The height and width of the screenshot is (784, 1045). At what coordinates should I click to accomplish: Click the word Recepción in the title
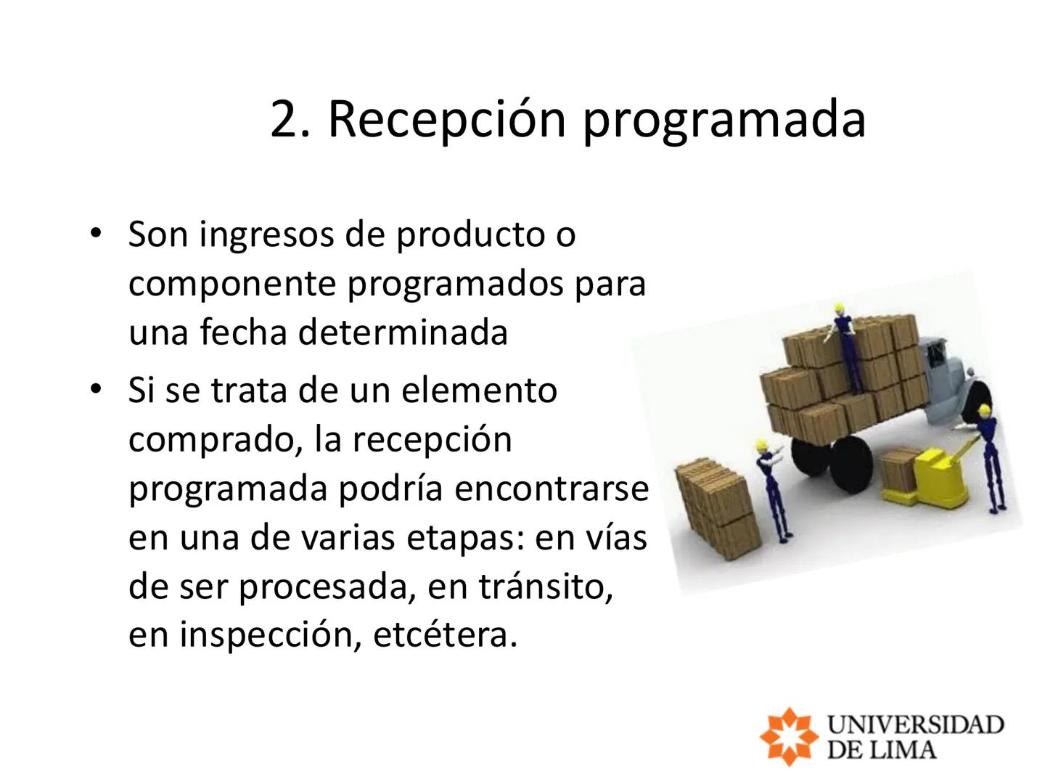446,118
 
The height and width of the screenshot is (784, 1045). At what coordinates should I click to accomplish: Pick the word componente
233,284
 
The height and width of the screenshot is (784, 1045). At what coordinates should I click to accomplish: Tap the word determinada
402,332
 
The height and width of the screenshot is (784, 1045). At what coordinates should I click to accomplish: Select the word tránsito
544,586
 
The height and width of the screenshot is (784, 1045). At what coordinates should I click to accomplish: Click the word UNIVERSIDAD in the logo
915,724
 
